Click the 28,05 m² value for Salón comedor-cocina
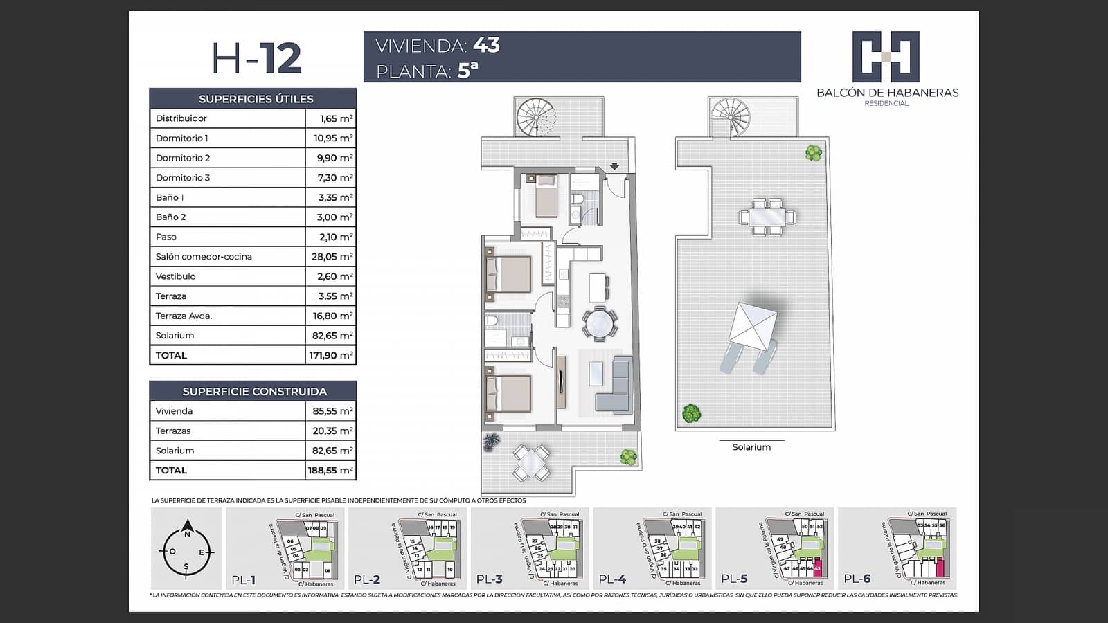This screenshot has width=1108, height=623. pyautogui.click(x=332, y=257)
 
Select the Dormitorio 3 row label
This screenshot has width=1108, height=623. pyautogui.click(x=183, y=178)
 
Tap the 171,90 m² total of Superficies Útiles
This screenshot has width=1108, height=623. pyautogui.click(x=331, y=356)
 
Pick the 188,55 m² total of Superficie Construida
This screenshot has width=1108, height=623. pyautogui.click(x=331, y=471)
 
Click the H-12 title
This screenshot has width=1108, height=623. pyautogui.click(x=257, y=58)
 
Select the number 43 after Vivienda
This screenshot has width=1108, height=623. pyautogui.click(x=486, y=45)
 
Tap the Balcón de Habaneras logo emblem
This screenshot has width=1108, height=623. pyautogui.click(x=886, y=56)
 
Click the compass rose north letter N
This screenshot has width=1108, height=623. pyautogui.click(x=186, y=534)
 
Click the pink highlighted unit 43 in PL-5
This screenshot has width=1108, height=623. pyautogui.click(x=818, y=568)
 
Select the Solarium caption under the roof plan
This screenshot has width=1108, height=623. pyautogui.click(x=751, y=448)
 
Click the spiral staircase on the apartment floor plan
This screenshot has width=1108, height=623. pyautogui.click(x=537, y=116)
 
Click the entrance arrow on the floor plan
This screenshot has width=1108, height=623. pyautogui.click(x=614, y=166)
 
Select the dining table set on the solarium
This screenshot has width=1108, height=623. pyautogui.click(x=767, y=217)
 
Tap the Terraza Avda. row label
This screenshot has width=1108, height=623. pyautogui.click(x=184, y=316)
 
